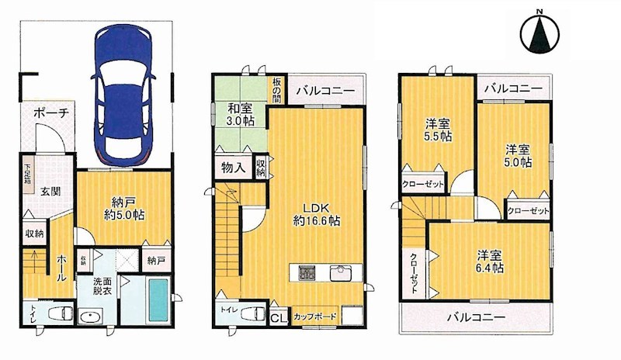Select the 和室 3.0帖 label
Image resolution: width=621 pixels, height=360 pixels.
click(241, 115)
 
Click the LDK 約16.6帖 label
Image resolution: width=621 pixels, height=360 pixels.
click(316, 213)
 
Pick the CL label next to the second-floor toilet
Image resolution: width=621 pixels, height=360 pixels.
click(278, 317)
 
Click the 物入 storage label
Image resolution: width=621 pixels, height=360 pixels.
click(233, 167)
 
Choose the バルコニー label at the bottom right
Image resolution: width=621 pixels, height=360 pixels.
click(476, 317)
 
